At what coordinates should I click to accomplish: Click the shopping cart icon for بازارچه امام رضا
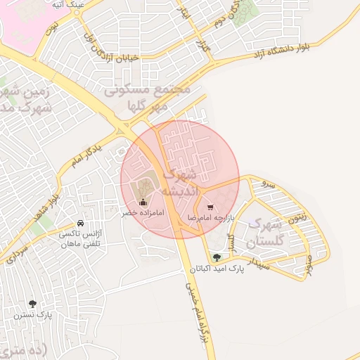click(x=211, y=207)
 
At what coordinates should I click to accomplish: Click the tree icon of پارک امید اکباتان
click(x=216, y=257)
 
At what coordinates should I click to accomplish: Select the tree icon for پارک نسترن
click(x=32, y=304)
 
